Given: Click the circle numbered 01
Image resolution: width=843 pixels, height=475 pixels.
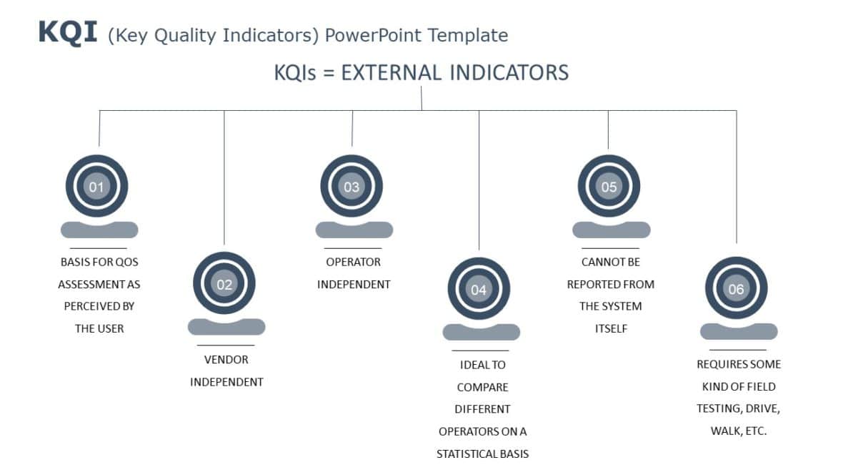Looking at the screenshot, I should pyautogui.click(x=96, y=187).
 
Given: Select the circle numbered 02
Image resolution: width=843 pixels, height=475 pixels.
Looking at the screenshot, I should pyautogui.click(x=224, y=284).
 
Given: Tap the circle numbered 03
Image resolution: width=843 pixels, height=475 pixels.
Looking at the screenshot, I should pyautogui.click(x=351, y=187).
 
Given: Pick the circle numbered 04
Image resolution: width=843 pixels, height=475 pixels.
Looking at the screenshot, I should pyautogui.click(x=479, y=290).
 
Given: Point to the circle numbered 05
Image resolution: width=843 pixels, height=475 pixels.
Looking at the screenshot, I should pyautogui.click(x=609, y=187).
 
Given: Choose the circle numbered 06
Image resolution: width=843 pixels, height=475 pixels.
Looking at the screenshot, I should pyautogui.click(x=736, y=289).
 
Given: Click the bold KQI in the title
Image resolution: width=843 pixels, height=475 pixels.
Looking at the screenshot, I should pyautogui.click(x=67, y=33).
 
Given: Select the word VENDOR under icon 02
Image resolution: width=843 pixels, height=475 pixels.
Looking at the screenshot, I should pyautogui.click(x=226, y=360).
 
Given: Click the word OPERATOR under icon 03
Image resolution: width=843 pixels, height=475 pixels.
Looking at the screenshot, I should pyautogui.click(x=354, y=262).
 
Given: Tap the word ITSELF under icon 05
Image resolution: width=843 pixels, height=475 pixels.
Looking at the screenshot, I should pyautogui.click(x=610, y=328).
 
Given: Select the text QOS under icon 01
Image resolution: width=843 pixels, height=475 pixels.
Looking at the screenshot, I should pyautogui.click(x=127, y=262).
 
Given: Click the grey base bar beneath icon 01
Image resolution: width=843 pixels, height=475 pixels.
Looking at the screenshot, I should pyautogui.click(x=99, y=230).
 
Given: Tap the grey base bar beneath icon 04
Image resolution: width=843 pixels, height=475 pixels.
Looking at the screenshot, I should pyautogui.click(x=482, y=332).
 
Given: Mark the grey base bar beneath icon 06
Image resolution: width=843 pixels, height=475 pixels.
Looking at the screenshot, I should pyautogui.click(x=739, y=331).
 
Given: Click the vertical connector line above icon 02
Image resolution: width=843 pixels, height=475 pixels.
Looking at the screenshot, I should pyautogui.click(x=224, y=179).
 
